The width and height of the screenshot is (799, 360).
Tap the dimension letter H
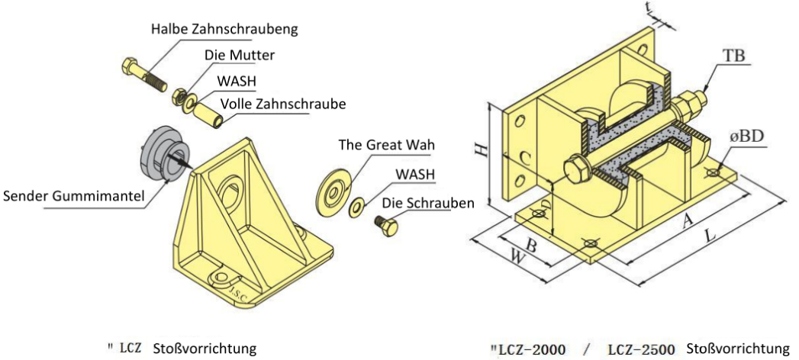click(480, 150)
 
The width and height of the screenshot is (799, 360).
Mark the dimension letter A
click(687, 219)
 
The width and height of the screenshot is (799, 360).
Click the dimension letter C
click(524, 159)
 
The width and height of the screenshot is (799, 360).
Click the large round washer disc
click(333, 187)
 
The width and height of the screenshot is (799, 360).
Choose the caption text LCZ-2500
click(640, 350)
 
